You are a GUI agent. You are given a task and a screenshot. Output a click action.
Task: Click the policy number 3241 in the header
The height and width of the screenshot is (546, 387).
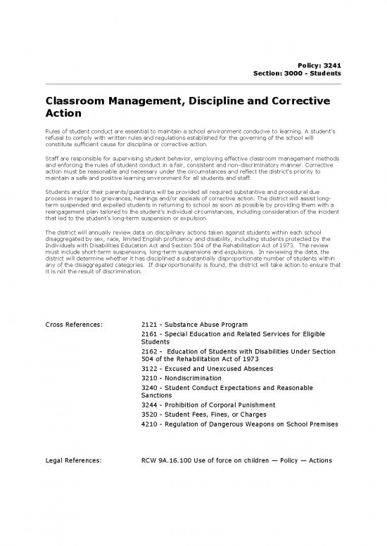pos(331,65)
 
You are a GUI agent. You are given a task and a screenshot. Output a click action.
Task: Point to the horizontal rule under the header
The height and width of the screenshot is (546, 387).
pos(193,84)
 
